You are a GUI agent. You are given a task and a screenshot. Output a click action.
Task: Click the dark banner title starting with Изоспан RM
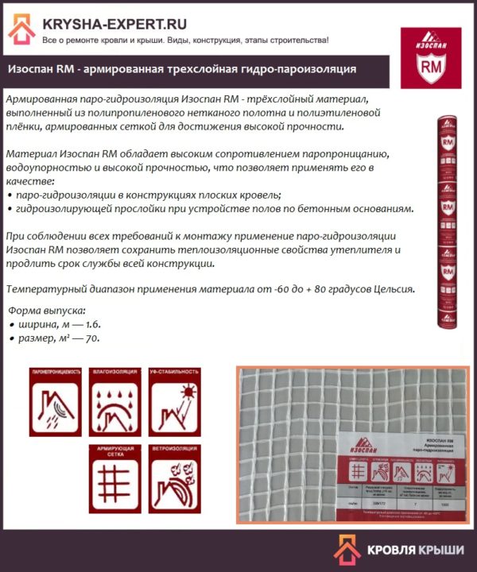point(182,69)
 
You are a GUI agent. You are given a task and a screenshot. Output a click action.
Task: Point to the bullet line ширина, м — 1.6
point(56,324)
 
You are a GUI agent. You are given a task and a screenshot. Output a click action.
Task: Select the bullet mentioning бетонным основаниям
point(210,209)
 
